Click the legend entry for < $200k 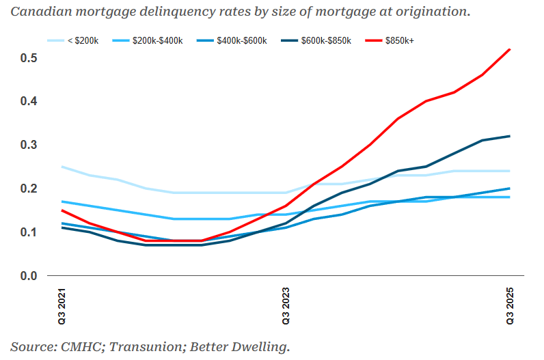tap(73, 41)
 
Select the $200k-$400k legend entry tap(148, 41)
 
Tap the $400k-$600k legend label tap(232, 41)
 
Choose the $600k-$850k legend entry tap(316, 41)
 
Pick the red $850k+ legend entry tap(390, 41)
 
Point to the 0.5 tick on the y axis tap(29, 58)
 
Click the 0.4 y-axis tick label tap(29, 101)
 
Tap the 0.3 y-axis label tap(29, 145)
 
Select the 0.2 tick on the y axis tap(29, 189)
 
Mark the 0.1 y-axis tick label tap(29, 232)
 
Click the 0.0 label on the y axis tap(29, 276)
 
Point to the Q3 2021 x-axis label tap(62, 306)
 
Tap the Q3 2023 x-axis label tap(286, 306)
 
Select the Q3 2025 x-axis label tap(510, 306)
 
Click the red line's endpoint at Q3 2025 tap(510, 49)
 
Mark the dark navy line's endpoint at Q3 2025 tap(510, 136)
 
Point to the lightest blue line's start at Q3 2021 tap(62, 167)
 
